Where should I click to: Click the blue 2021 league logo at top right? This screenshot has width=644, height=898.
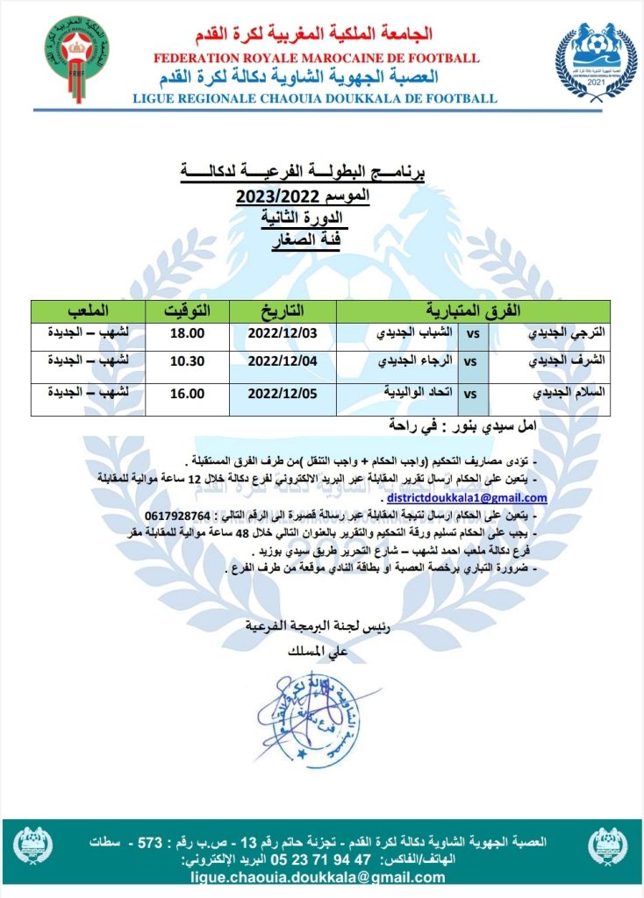coord(596,59)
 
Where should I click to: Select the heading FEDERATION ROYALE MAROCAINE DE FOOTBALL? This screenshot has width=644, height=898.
coord(316,58)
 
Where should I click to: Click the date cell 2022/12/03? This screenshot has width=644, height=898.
coord(282,334)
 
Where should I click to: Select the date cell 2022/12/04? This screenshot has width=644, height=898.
coord(282,360)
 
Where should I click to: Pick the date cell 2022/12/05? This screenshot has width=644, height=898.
coord(282,394)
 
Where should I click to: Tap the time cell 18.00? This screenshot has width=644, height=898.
coord(186,334)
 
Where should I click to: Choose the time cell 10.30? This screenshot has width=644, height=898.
coord(186,360)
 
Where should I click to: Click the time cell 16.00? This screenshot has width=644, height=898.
coord(186,394)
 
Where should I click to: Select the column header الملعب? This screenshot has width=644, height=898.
coord(89,310)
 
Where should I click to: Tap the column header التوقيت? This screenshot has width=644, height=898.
coord(188,310)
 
